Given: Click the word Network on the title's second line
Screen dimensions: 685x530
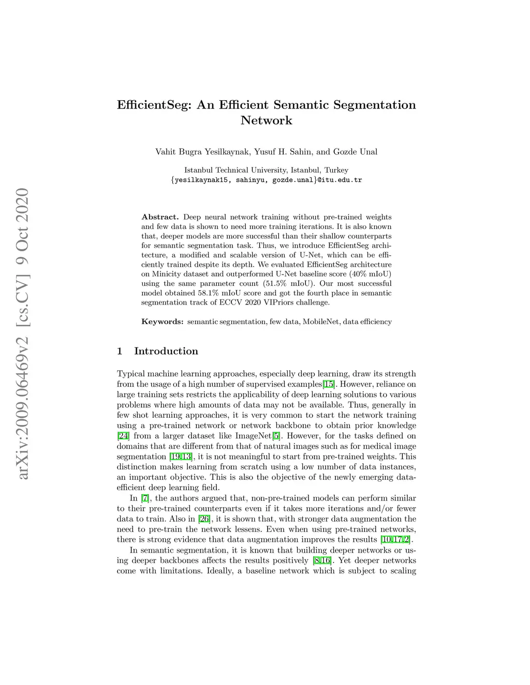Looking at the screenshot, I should pos(266,120).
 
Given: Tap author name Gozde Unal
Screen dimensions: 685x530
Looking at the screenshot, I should pos(355,151).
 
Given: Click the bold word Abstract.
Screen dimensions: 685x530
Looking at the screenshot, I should pos(160,217).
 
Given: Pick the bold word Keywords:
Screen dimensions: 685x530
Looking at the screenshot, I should pos(163,322).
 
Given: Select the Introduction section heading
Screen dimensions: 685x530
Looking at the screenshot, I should pos(166,351).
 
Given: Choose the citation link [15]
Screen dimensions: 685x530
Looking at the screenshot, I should pos(329,384).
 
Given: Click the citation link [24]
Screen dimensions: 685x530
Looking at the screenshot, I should pos(123,436).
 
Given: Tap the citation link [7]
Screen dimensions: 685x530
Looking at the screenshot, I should pos(145,498).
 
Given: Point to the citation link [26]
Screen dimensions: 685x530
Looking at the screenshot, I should pos(204,519).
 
